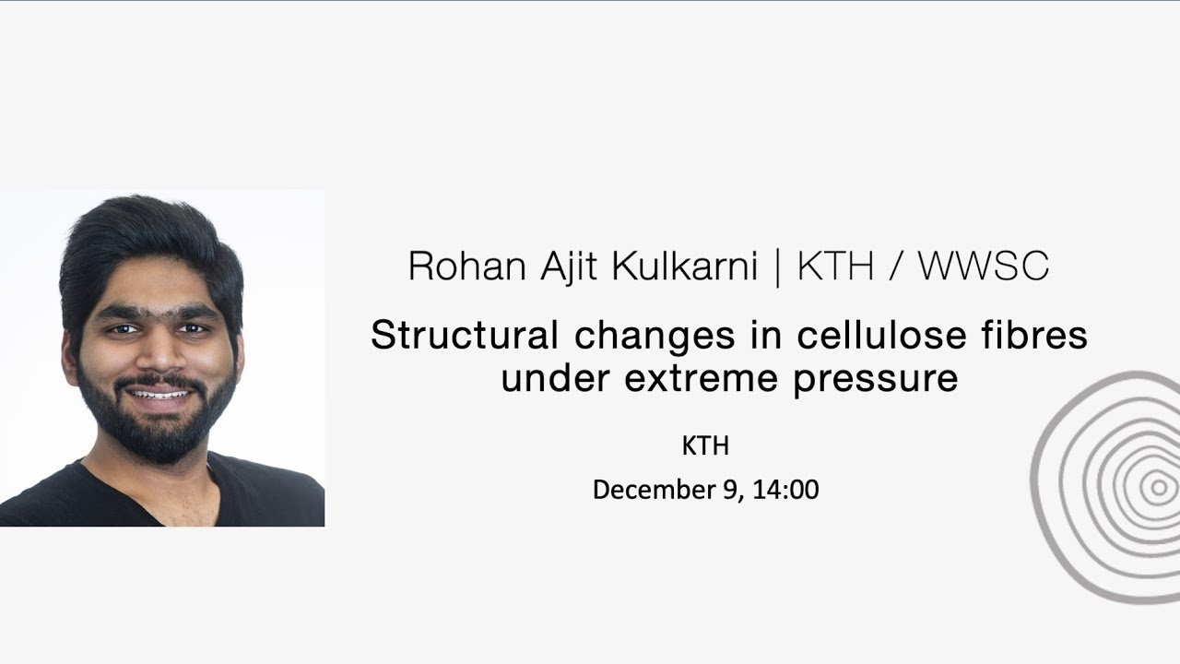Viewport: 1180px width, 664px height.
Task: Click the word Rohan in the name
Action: [x=453, y=267]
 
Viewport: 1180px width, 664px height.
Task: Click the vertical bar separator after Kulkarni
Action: [x=777, y=267]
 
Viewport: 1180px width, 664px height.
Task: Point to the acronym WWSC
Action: [x=983, y=267]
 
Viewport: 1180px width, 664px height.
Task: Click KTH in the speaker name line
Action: [x=835, y=267]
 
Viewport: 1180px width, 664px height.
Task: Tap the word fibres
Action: [x=1034, y=335]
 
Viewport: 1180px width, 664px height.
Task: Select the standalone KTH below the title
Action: [x=705, y=446]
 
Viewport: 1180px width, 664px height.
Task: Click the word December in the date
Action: [x=653, y=490]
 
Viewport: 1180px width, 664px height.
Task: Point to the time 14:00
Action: [x=785, y=490]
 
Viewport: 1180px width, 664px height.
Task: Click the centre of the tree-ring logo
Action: [x=1158, y=488]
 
